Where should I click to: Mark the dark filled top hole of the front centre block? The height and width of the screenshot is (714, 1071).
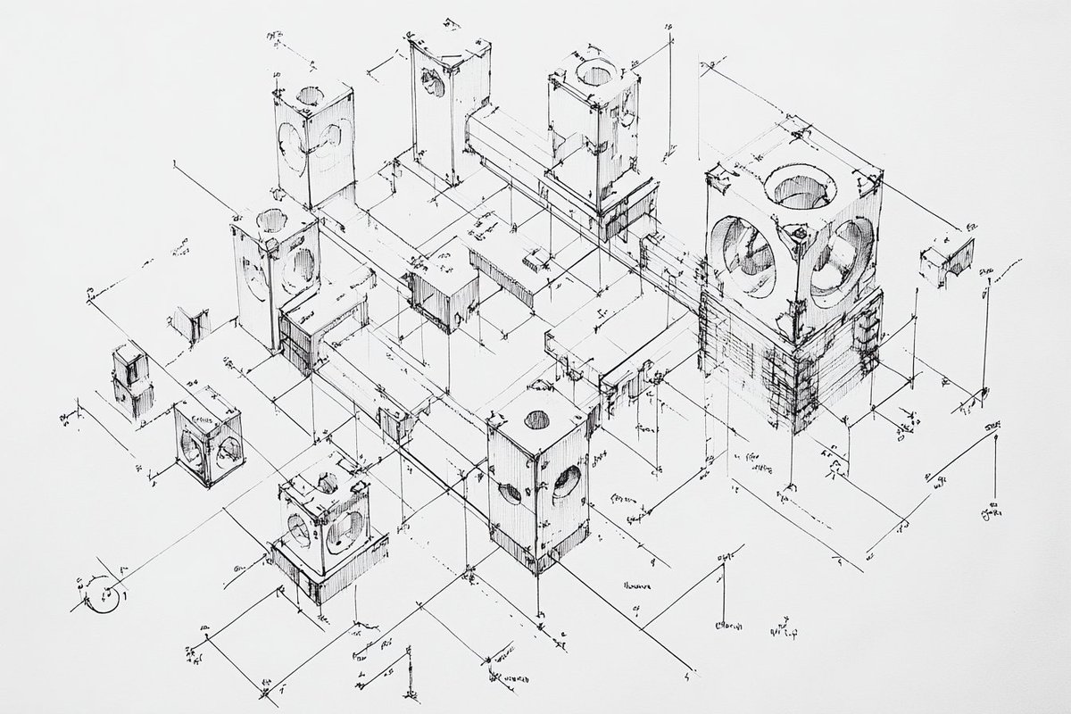pyautogui.click(x=536, y=419)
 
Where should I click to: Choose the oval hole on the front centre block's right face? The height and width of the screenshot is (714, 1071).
pyautogui.click(x=566, y=481)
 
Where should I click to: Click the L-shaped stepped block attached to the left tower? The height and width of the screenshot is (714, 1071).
pyautogui.click(x=312, y=330)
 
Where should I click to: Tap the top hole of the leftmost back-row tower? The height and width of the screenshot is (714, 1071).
pyautogui.click(x=311, y=94)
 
